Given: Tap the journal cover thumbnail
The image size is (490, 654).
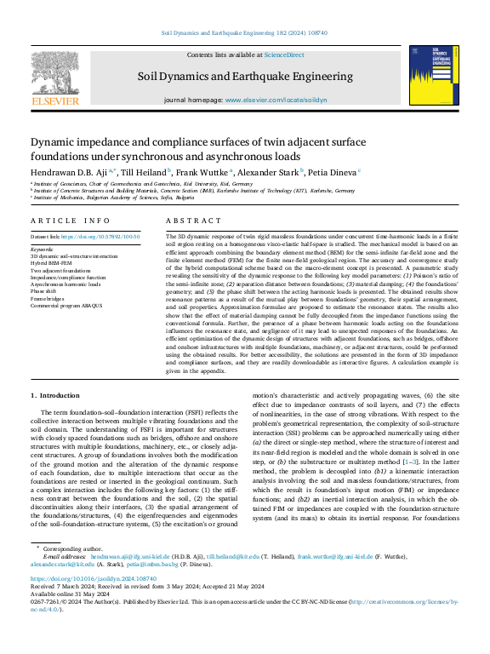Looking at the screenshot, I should [x=434, y=77].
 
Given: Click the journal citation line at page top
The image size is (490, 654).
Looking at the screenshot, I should [x=244, y=33].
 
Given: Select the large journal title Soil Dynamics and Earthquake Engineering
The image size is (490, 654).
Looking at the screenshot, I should [x=246, y=77].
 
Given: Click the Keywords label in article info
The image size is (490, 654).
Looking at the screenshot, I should [x=42, y=249].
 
